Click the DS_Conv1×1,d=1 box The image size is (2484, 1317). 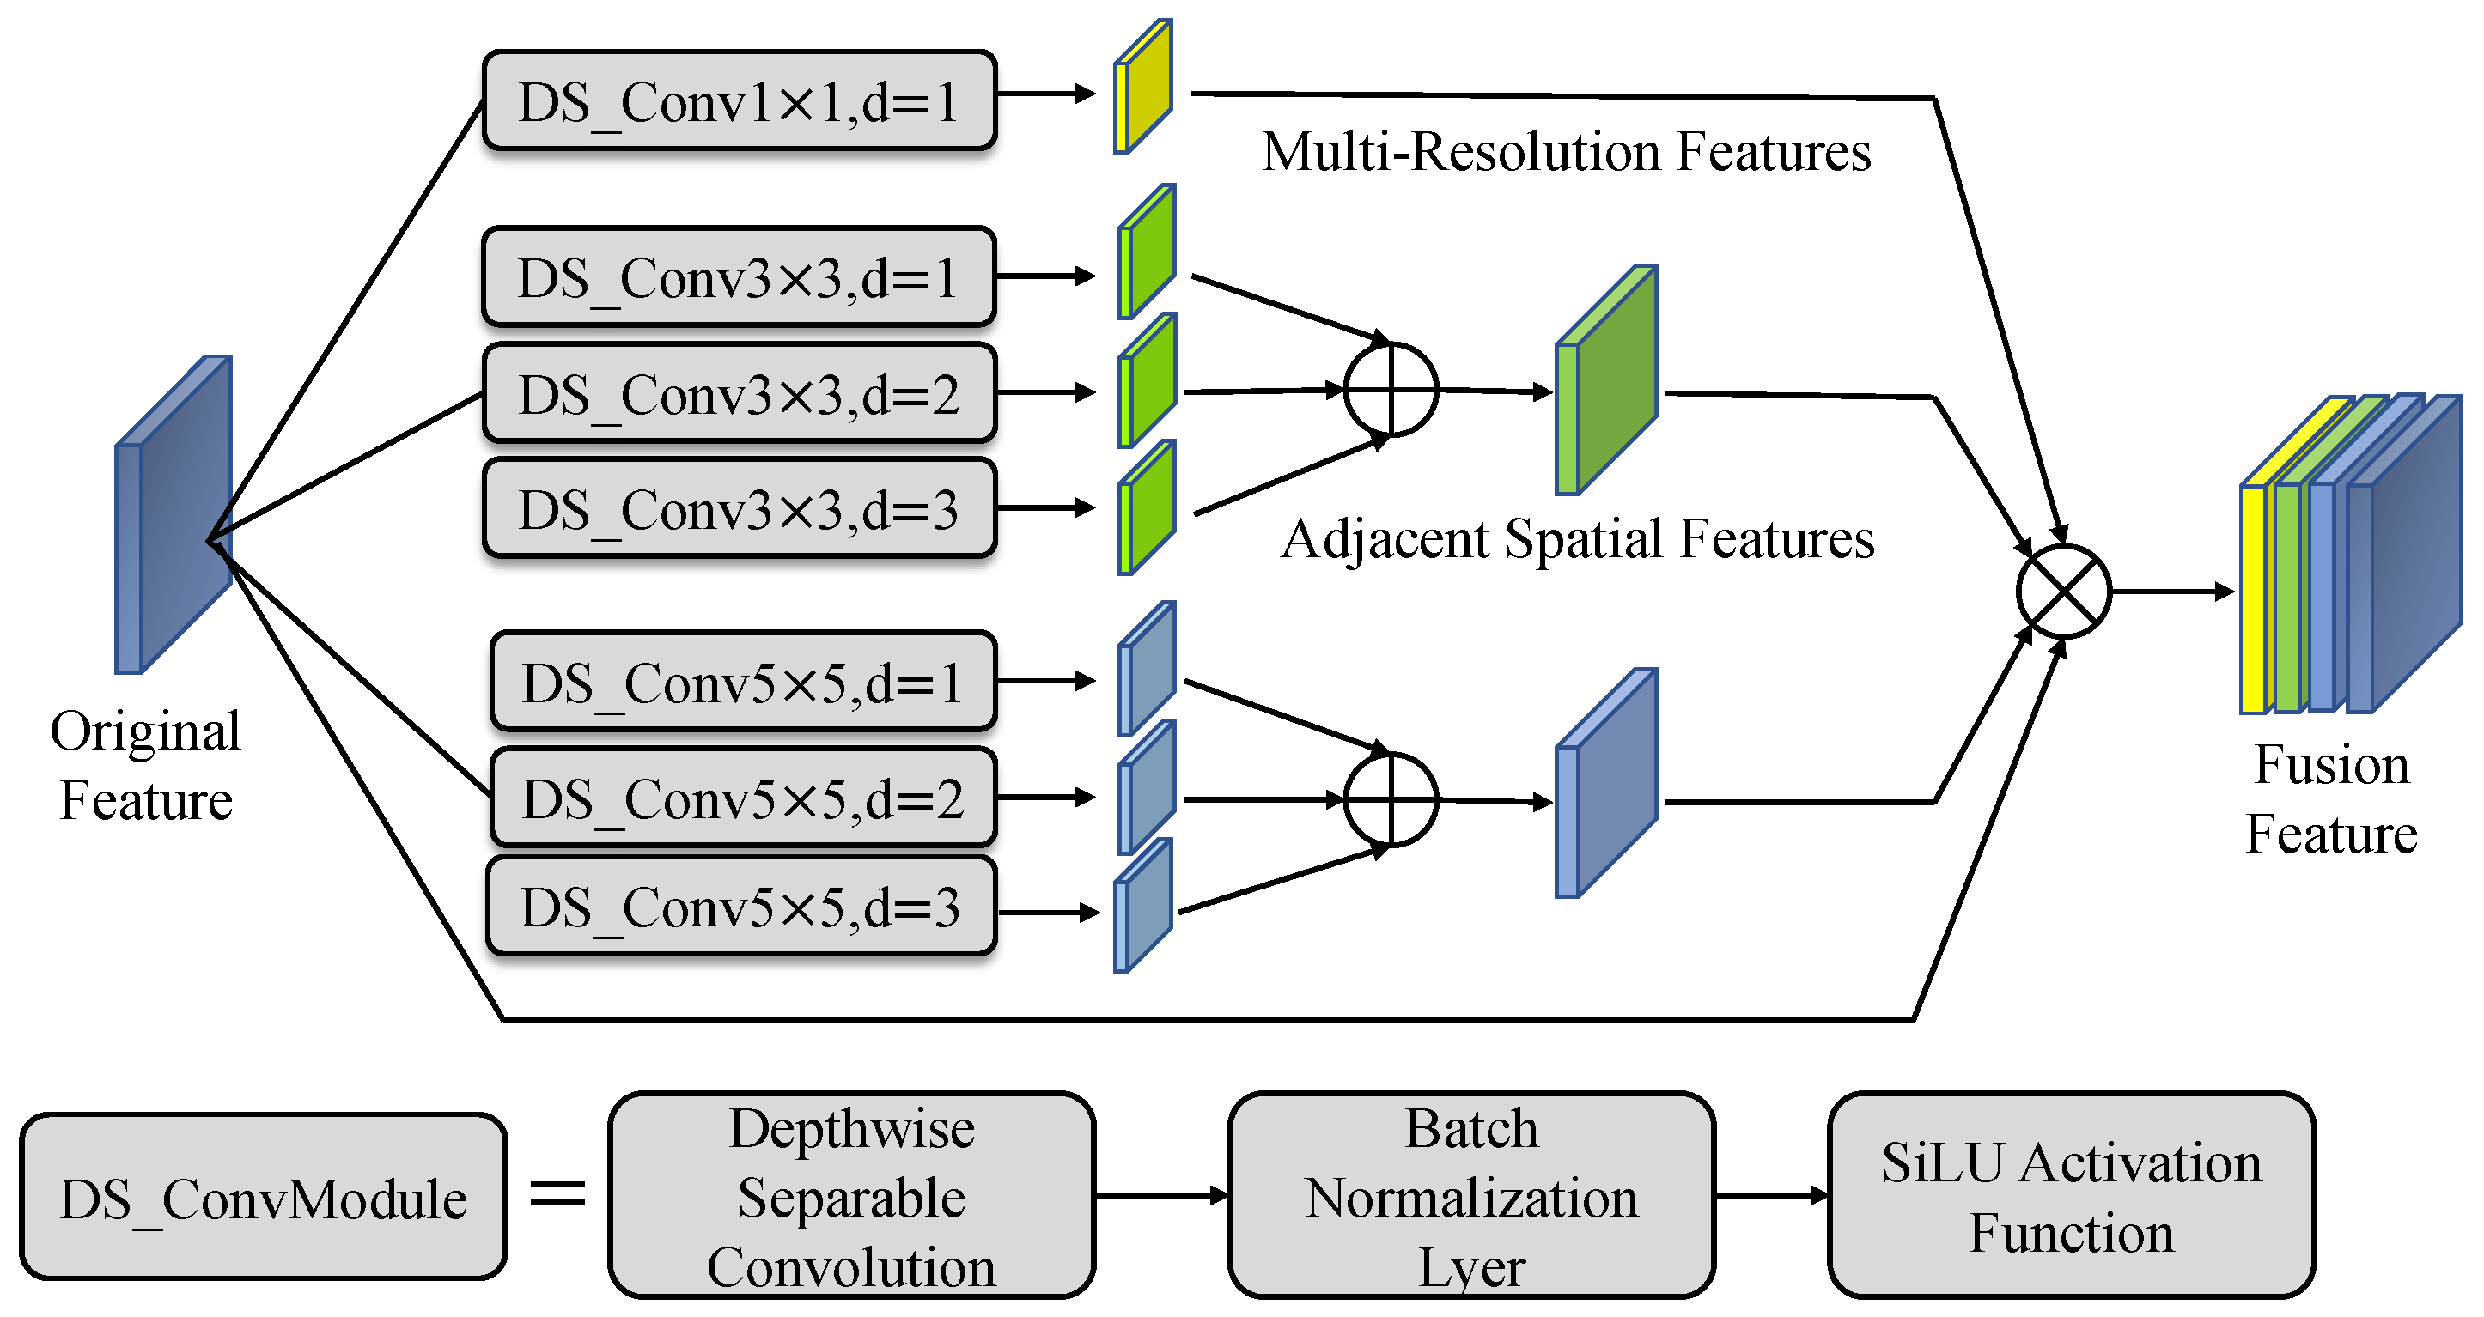[x=739, y=101]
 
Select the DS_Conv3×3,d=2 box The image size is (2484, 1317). [x=739, y=393]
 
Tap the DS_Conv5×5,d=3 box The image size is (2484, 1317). [x=740, y=907]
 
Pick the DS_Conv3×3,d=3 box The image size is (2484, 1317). [x=739, y=509]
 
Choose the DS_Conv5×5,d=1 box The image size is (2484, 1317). [x=742, y=682]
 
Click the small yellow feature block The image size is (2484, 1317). [x=1143, y=87]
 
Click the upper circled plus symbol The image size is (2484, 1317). [x=1391, y=390]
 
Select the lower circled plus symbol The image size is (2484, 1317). [x=1391, y=799]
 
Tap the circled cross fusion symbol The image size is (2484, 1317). [x=2064, y=591]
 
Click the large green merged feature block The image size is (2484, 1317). [x=1607, y=382]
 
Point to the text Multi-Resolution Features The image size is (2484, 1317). [x=1566, y=152]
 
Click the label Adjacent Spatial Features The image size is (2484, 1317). [x=1578, y=539]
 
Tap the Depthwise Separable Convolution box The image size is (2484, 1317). [x=851, y=1196]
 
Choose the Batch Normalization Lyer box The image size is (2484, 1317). [x=1471, y=1196]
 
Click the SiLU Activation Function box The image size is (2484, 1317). [x=2070, y=1196]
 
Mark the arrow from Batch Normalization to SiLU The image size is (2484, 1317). [x=1770, y=1196]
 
